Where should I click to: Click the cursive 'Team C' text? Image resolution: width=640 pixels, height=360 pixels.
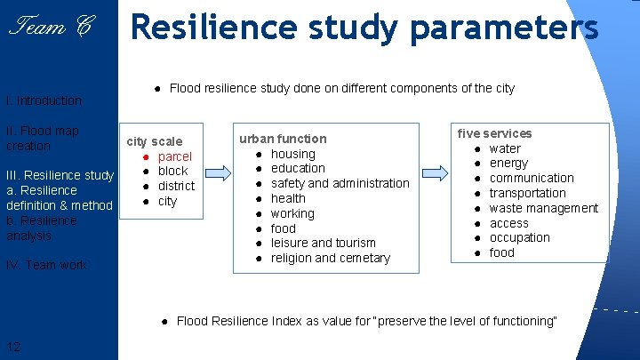pyautogui.click(x=49, y=28)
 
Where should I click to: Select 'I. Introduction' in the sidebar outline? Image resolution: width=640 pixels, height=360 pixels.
pyautogui.click(x=44, y=100)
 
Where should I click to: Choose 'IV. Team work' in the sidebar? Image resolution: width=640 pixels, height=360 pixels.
pyautogui.click(x=46, y=265)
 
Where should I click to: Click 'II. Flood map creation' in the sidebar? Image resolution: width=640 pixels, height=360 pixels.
pyautogui.click(x=43, y=138)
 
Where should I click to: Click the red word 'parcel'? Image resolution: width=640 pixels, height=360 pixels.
pyautogui.click(x=174, y=156)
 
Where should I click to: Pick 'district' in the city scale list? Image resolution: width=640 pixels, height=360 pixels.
pyautogui.click(x=176, y=186)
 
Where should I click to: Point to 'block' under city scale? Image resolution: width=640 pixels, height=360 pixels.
pyautogui.click(x=172, y=171)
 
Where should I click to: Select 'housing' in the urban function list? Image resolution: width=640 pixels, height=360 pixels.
pyautogui.click(x=292, y=154)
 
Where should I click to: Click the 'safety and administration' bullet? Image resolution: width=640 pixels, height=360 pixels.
pyautogui.click(x=340, y=183)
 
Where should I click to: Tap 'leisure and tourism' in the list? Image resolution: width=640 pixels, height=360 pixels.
pyautogui.click(x=323, y=243)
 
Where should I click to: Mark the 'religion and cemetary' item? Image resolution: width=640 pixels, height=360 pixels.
pyautogui.click(x=330, y=258)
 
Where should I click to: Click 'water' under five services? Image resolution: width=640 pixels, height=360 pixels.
pyautogui.click(x=505, y=148)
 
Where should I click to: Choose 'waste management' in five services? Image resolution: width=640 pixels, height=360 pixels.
pyautogui.click(x=543, y=208)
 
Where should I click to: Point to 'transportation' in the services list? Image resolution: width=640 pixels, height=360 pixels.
pyautogui.click(x=527, y=193)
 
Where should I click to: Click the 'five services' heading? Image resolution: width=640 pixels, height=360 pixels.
pyautogui.click(x=494, y=133)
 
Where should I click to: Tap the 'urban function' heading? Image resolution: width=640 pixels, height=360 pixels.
pyautogui.click(x=283, y=139)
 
